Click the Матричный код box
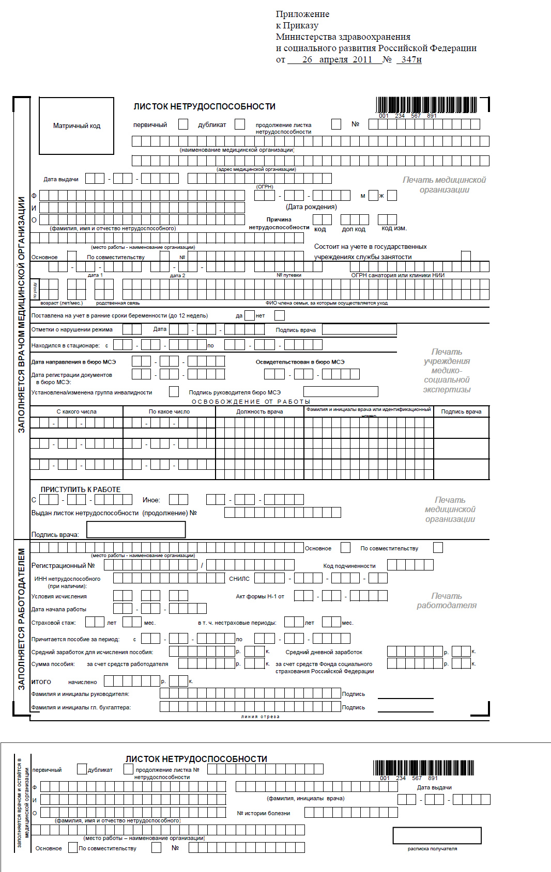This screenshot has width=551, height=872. click(x=76, y=126)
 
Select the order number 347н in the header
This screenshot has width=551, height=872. click(x=411, y=59)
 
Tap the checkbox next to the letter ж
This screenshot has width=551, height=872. click(x=392, y=196)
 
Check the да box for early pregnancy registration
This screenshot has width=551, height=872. click(x=250, y=315)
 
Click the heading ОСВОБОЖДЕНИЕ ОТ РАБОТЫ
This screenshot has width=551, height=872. click(x=251, y=402)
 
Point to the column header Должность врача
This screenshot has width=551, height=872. click(x=259, y=411)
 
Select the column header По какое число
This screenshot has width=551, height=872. click(x=169, y=411)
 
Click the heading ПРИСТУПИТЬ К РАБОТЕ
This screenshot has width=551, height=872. click(x=81, y=489)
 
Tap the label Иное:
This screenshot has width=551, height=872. click(x=151, y=500)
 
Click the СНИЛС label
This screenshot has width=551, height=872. click(x=239, y=579)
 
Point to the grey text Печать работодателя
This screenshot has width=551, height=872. click(x=447, y=600)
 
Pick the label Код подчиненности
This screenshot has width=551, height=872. click(x=349, y=566)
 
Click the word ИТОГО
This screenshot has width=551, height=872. click(x=41, y=682)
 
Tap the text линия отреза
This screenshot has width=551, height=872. click(x=260, y=717)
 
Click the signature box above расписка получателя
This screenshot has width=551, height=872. click(x=437, y=835)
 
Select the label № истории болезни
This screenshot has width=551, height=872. click(x=264, y=813)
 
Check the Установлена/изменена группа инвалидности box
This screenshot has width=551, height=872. click(x=174, y=392)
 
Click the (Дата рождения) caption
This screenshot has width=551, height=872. click(x=311, y=207)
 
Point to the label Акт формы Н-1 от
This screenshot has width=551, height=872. click(x=260, y=596)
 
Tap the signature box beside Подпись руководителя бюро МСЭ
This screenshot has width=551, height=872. click(x=341, y=392)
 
